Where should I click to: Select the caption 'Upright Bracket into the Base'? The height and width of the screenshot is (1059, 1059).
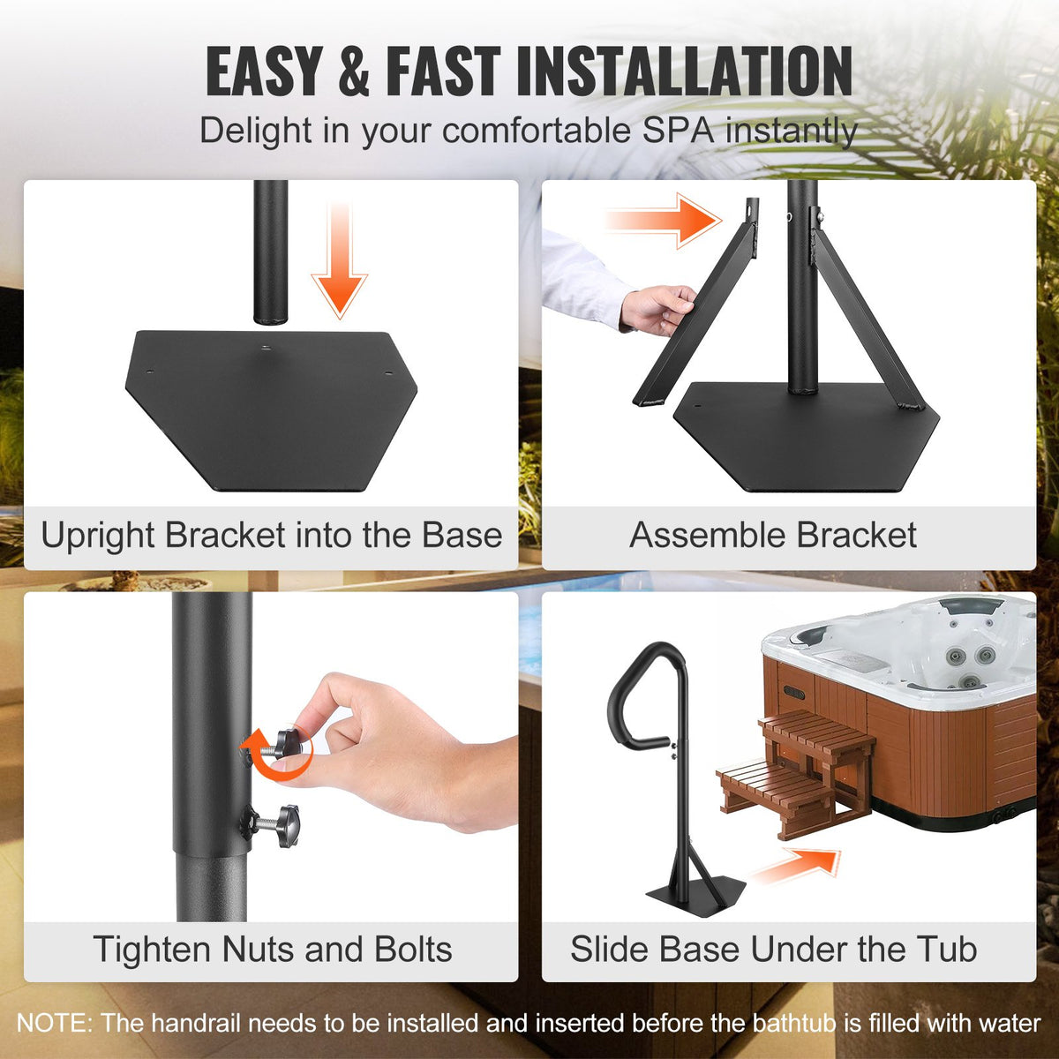pyautogui.click(x=271, y=536)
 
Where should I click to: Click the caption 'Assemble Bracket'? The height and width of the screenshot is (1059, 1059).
pyautogui.click(x=773, y=536)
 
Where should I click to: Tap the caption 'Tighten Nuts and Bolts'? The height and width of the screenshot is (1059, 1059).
pyautogui.click(x=272, y=950)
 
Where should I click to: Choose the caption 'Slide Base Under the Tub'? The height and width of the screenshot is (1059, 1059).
pyautogui.click(x=773, y=950)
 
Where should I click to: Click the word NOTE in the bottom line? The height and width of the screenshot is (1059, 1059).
pyautogui.click(x=53, y=1024)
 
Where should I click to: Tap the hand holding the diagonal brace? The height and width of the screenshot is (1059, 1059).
pyautogui.click(x=657, y=309)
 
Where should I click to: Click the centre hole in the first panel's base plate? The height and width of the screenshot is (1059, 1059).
pyautogui.click(x=264, y=349)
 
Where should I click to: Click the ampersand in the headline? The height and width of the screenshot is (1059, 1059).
pyautogui.click(x=353, y=72)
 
